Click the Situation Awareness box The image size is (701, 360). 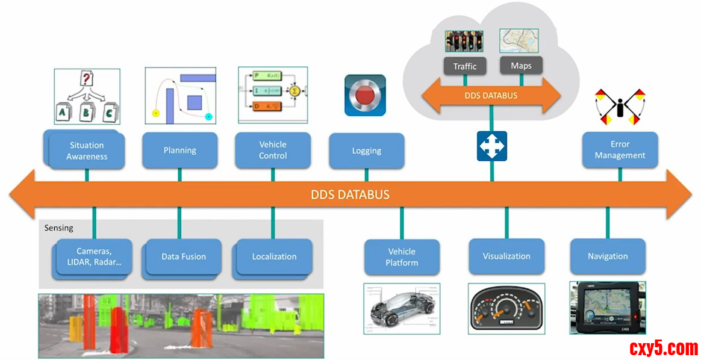click(x=87, y=151)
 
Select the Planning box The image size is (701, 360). click(x=179, y=151)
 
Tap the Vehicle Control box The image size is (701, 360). click(x=273, y=150)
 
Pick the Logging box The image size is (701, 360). click(x=366, y=151)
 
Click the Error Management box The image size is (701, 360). click(x=620, y=150)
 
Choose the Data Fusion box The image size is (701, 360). click(x=183, y=256)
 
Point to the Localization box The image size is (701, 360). click(x=274, y=256)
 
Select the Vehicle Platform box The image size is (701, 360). click(x=402, y=257)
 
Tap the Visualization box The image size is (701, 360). click(x=506, y=256)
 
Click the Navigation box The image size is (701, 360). click(x=608, y=256)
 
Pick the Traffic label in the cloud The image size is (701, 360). click(x=465, y=66)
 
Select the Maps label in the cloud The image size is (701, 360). click(x=521, y=66)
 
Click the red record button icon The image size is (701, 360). click(x=365, y=95)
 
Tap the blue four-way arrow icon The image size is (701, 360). click(x=492, y=146)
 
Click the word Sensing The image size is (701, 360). click(x=59, y=228)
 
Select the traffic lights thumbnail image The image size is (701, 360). click(x=464, y=42)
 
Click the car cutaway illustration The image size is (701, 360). click(x=402, y=308)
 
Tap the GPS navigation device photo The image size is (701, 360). click(x=607, y=307)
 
